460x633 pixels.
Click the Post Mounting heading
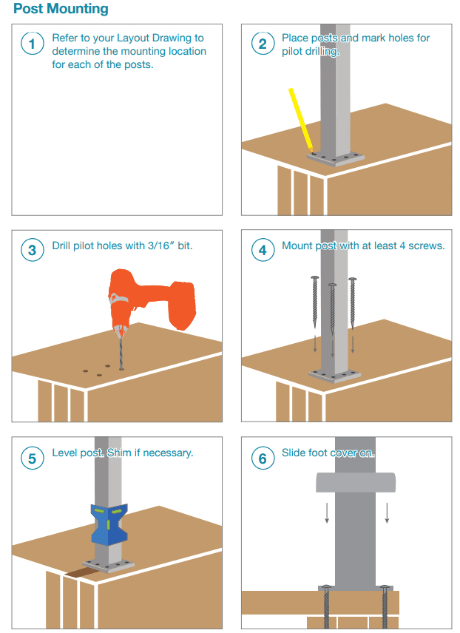pos(61,8)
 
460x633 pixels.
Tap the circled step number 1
pos(33,44)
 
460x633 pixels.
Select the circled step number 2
pos(263,44)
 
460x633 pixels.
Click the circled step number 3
pos(33,250)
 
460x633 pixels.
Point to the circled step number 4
pos(263,250)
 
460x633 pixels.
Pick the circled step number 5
pos(33,458)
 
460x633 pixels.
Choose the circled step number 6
pos(263,458)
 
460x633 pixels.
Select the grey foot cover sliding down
pos(356,482)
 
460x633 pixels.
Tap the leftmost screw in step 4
pos(314,302)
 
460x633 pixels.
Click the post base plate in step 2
pos(336,159)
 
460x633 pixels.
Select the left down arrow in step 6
pos(327,512)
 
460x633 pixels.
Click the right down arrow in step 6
pos(387,512)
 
